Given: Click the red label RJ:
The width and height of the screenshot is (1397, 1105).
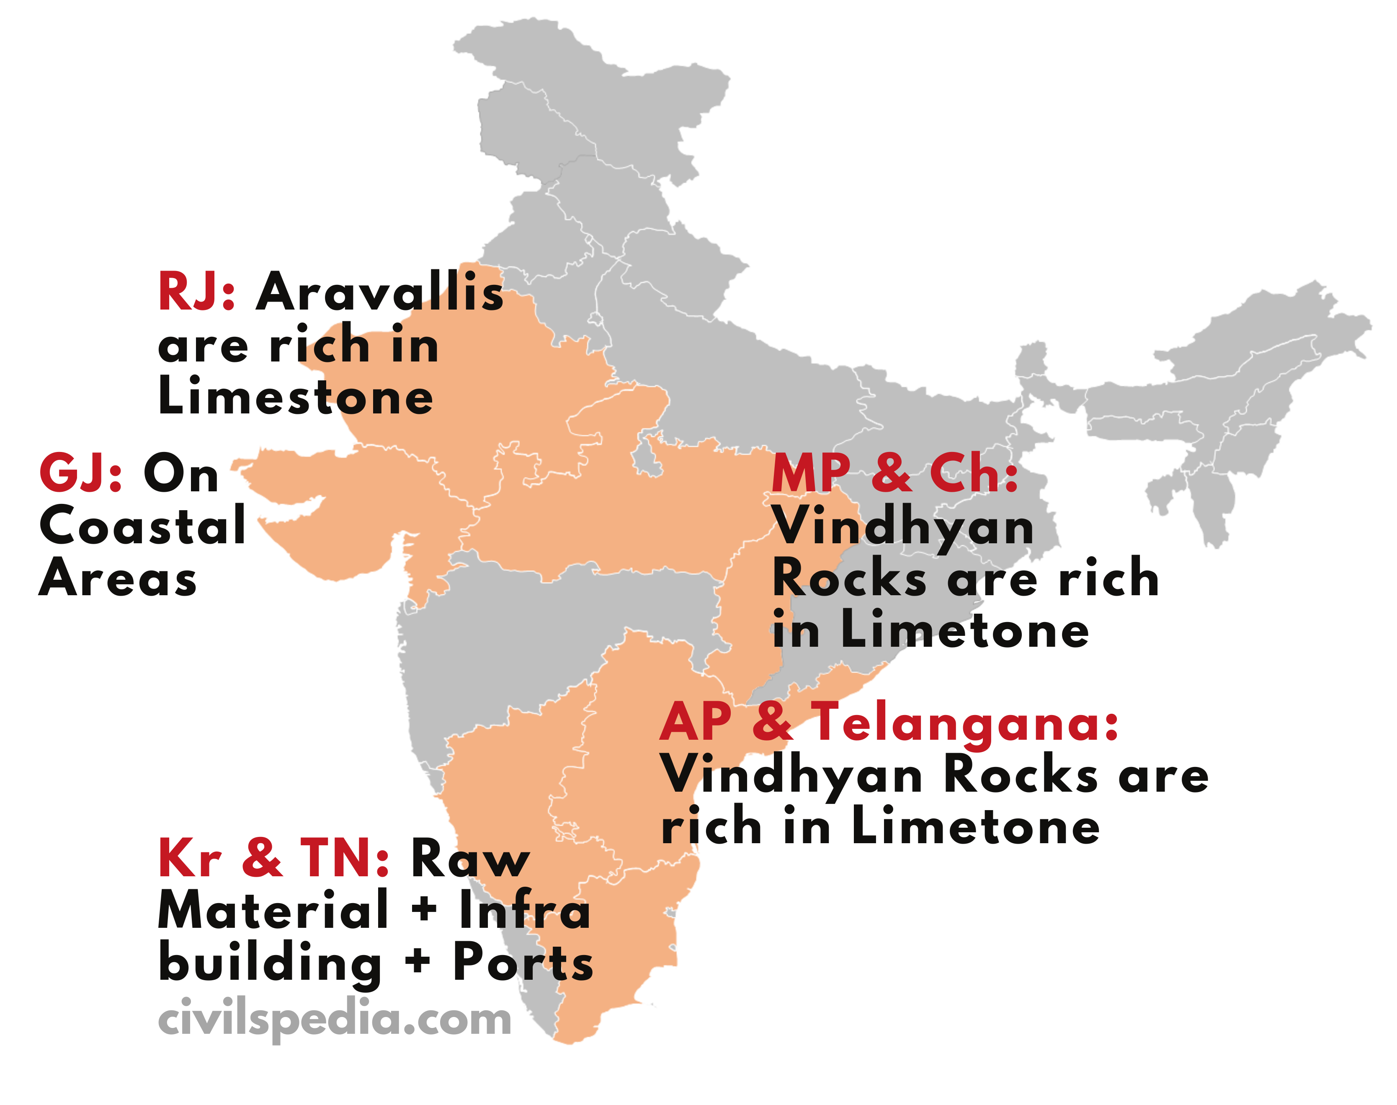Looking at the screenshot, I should [196, 292].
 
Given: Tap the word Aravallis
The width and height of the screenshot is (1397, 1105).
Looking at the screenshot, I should [380, 292].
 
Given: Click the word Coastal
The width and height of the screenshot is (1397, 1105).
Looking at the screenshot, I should [142, 525].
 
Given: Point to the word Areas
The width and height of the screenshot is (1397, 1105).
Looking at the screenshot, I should [118, 578].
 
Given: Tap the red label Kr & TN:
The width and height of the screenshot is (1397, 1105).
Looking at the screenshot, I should [273, 858].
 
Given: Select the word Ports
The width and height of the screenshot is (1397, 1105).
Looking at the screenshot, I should [523, 963].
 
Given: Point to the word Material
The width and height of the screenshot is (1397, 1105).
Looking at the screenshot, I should [273, 910].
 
